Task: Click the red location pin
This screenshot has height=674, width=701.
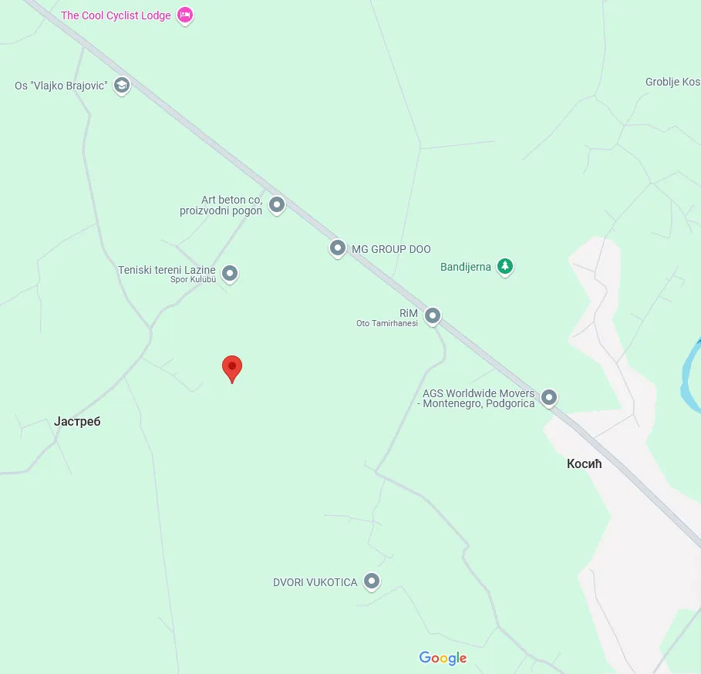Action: tap(231, 368)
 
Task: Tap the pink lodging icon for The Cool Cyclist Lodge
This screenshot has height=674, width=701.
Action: tap(184, 15)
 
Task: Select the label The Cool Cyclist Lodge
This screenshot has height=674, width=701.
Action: tap(116, 15)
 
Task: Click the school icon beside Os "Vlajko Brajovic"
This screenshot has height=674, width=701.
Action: tap(121, 85)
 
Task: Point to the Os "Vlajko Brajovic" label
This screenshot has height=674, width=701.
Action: tap(61, 86)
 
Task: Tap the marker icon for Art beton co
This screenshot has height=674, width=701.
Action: tap(277, 205)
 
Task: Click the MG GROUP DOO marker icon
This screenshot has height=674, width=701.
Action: tap(337, 248)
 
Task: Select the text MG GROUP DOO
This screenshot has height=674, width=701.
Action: tap(391, 249)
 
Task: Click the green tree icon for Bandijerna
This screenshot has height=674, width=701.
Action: tap(504, 267)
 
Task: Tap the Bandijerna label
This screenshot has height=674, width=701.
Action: tap(466, 268)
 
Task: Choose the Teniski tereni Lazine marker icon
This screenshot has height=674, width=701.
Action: tap(229, 273)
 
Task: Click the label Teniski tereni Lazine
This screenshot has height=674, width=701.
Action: tap(167, 270)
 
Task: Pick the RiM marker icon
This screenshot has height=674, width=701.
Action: tap(433, 315)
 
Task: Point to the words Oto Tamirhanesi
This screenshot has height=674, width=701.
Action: tap(387, 324)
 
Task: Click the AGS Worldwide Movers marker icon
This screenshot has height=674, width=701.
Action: tap(548, 398)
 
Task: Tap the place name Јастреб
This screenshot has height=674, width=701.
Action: tap(77, 422)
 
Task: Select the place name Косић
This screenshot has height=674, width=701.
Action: tap(584, 463)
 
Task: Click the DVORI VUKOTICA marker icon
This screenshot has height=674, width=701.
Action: tap(372, 581)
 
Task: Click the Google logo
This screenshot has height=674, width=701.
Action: tap(443, 658)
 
